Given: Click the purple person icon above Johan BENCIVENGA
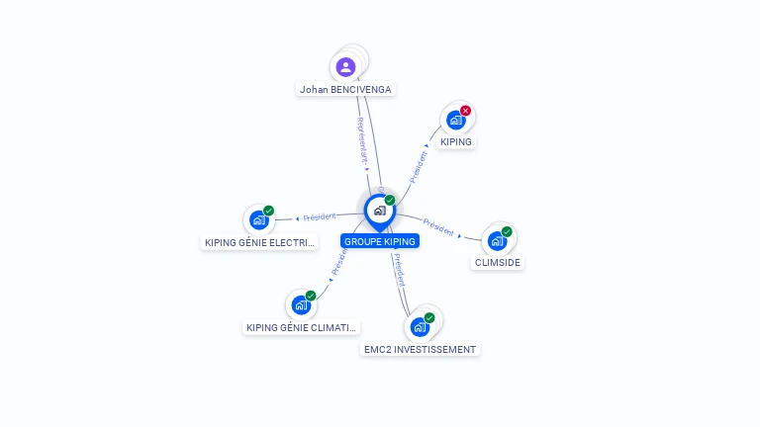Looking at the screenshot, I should [x=345, y=67].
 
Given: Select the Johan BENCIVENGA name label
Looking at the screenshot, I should [x=345, y=89].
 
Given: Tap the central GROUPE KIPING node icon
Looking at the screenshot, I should [x=379, y=211].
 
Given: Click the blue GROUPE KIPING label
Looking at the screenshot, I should [x=380, y=241].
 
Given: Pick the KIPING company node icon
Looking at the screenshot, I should [x=455, y=121].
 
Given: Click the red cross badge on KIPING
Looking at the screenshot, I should [x=465, y=111].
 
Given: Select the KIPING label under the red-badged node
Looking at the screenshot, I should [x=456, y=141].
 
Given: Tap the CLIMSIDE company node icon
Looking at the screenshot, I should [x=497, y=241].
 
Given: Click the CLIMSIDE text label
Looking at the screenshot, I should [x=498, y=263].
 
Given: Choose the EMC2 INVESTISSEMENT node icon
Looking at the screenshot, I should [x=420, y=327].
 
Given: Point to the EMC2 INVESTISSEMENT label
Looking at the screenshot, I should [x=420, y=349].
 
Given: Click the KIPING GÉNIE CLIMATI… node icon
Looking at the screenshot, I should [x=301, y=305].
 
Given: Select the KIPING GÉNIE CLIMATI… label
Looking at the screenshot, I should [x=301, y=327].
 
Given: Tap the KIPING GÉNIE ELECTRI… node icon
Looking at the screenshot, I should [x=259, y=220].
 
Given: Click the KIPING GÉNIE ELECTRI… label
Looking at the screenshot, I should [x=259, y=242].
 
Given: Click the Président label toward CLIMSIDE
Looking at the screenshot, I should [x=438, y=226].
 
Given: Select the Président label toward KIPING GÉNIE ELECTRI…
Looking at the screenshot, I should [x=319, y=216].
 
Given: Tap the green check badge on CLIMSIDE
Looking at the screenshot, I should [x=507, y=232].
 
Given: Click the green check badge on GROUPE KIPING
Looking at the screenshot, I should [x=390, y=201].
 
